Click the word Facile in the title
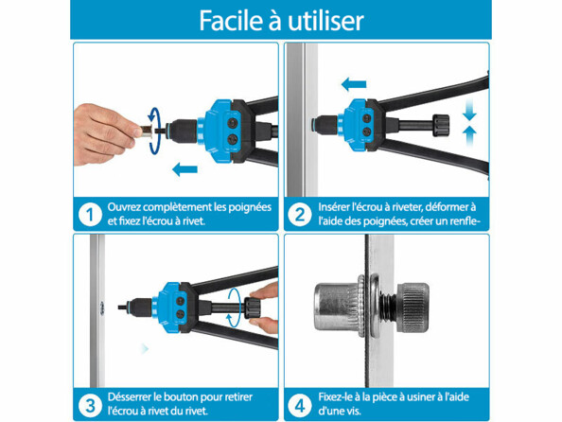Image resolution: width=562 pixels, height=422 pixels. [x=231, y=20]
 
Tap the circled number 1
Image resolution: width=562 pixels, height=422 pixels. [x=89, y=214]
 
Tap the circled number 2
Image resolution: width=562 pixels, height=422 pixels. [x=299, y=214]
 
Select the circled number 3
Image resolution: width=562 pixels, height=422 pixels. [x=89, y=405]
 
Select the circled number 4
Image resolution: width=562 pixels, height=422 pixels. [x=299, y=405]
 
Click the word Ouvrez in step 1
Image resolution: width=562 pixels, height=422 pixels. [x=128, y=206]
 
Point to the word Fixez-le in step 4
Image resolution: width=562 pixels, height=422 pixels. [x=339, y=397]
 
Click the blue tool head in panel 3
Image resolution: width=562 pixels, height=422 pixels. [x=170, y=302]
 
